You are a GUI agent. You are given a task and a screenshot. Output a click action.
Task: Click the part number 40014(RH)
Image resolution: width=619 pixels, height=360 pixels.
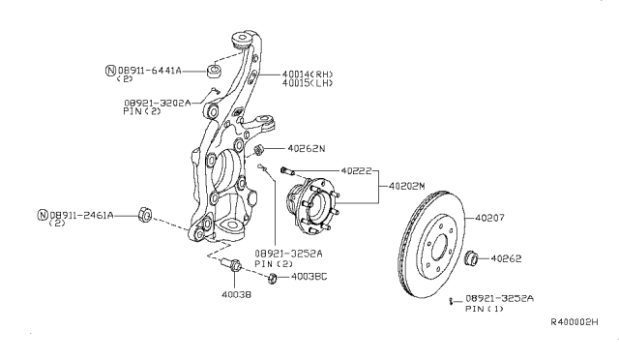tap(308, 74)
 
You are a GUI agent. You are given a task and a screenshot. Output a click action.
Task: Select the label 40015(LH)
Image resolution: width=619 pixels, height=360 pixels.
tap(308, 83)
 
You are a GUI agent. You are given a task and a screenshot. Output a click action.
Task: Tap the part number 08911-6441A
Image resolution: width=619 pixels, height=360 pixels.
tap(150, 71)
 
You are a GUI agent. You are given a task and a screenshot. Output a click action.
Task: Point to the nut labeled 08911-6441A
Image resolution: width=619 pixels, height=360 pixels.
tap(215, 72)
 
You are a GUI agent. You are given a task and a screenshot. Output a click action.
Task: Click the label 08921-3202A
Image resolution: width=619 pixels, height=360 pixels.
tap(157, 103)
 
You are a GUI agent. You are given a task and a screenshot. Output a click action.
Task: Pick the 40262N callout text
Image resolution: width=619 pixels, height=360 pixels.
tap(307, 149)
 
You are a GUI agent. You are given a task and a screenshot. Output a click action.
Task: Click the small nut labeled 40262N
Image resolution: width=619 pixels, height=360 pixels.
tap(258, 150)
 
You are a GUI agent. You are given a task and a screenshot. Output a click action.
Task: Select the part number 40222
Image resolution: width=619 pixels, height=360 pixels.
tap(356, 170)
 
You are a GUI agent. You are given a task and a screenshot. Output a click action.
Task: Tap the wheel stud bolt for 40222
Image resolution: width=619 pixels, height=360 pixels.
tap(287, 171)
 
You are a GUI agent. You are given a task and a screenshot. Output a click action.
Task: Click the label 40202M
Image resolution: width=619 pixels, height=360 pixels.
tap(406, 186)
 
